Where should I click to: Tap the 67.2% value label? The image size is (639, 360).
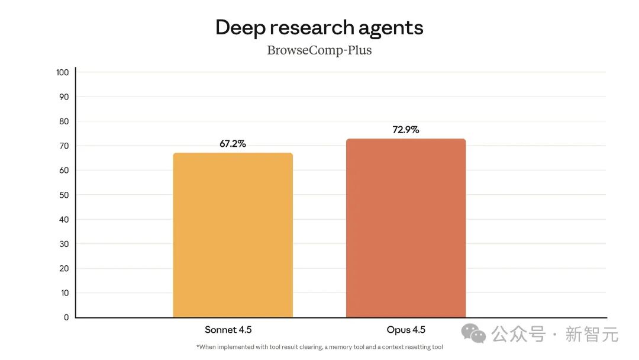[233, 144]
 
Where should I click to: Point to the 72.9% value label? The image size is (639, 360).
[406, 130]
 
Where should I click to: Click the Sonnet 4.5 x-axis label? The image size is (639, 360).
[228, 330]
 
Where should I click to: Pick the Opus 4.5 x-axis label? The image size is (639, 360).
[406, 330]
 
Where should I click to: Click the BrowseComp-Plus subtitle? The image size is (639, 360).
[319, 50]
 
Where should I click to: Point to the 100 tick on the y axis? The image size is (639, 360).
[62, 72]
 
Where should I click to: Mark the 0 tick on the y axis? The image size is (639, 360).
[66, 317]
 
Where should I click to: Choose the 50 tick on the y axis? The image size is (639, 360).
[64, 195]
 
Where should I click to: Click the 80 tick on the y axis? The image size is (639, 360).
[64, 121]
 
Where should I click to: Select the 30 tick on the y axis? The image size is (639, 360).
[64, 244]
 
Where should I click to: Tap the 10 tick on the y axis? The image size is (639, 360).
[64, 293]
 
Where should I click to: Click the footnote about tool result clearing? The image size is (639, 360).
[319, 347]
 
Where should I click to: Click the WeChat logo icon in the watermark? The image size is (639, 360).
[474, 333]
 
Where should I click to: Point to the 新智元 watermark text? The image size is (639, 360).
[592, 334]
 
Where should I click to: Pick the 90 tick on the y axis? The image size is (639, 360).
[64, 97]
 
